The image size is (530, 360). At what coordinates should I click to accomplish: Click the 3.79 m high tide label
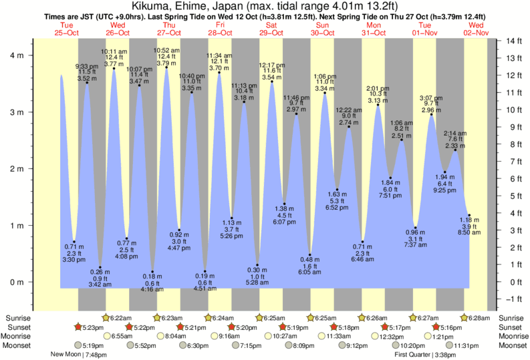point(166,63)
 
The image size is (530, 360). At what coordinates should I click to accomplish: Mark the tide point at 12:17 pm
point(272,82)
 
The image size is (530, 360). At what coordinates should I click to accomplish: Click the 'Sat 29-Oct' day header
point(271,29)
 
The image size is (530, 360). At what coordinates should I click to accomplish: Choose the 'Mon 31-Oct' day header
point(374,29)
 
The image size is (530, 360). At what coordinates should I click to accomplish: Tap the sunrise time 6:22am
point(119,318)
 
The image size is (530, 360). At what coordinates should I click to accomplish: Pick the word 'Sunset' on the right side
point(513,327)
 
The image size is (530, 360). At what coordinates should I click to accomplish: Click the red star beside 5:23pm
point(78,327)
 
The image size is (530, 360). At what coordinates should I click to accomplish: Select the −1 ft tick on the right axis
point(512,299)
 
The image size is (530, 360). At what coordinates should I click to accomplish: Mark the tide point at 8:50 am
point(470,215)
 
